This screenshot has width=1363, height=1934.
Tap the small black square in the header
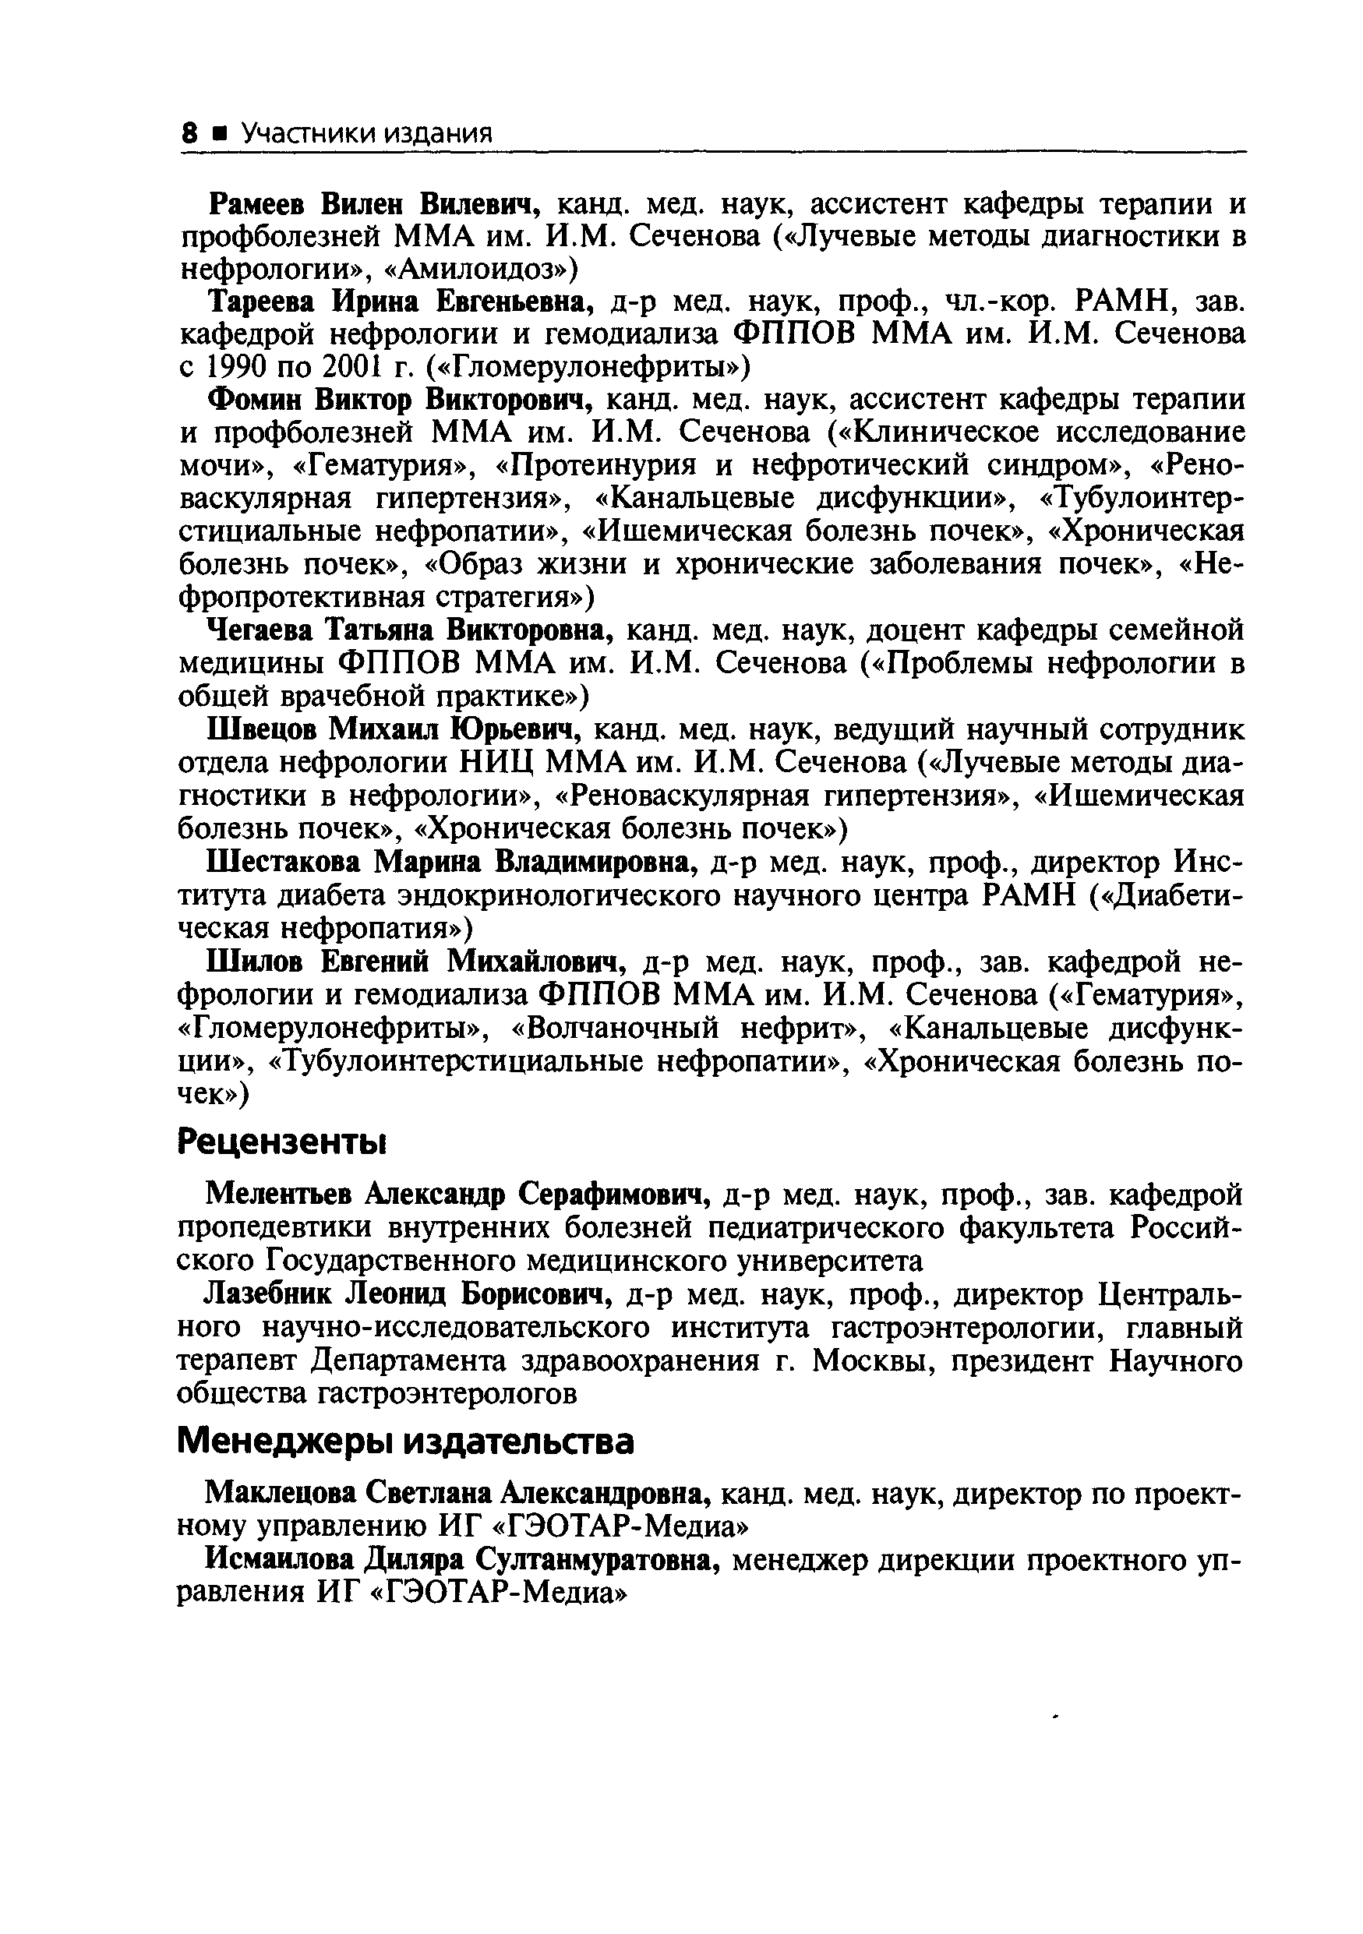pyautogui.click(x=220, y=134)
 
